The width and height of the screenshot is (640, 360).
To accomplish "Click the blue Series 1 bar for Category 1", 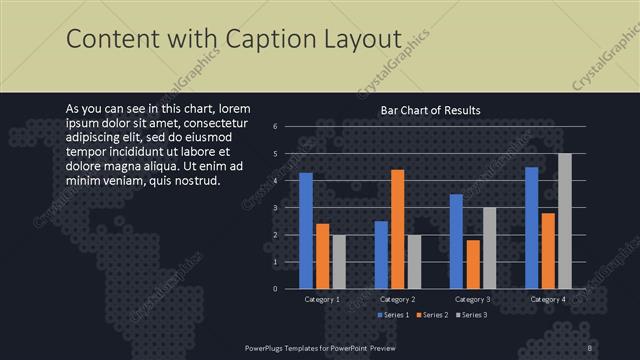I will (306, 231).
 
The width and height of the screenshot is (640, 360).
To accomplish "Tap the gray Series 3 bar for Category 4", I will (565, 221).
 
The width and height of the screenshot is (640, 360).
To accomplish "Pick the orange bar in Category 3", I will (472, 264).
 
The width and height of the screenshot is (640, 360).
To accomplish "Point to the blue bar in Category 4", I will (532, 228).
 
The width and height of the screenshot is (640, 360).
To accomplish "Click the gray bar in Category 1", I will (338, 261).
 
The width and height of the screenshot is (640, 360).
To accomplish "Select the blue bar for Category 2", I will (381, 255).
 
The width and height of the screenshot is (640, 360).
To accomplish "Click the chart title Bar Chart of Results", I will (430, 110).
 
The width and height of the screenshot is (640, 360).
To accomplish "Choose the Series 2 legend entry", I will (431, 315).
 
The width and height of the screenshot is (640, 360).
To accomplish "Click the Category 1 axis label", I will (322, 299).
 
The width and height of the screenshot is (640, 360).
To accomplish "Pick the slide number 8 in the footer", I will (590, 347).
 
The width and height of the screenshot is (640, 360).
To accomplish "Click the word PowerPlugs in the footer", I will (267, 347).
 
